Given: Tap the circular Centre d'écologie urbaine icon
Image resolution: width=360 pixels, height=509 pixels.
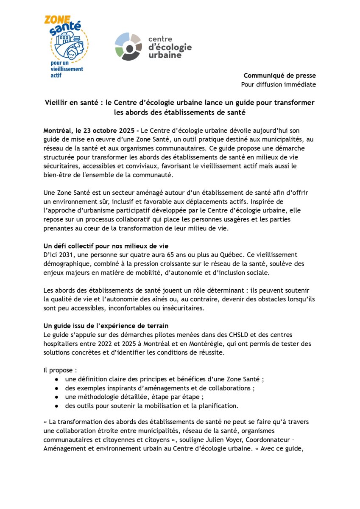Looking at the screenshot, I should click(128, 46).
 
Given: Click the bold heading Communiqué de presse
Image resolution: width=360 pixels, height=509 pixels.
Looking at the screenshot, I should click(279, 76).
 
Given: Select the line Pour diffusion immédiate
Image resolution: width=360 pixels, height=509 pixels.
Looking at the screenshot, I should click(278, 84).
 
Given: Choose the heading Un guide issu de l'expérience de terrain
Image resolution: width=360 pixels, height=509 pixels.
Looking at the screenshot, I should click(106, 326).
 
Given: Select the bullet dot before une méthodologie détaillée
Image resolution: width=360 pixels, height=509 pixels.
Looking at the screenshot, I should click(56, 397).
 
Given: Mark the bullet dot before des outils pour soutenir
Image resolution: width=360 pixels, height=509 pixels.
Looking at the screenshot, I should click(56, 406).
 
